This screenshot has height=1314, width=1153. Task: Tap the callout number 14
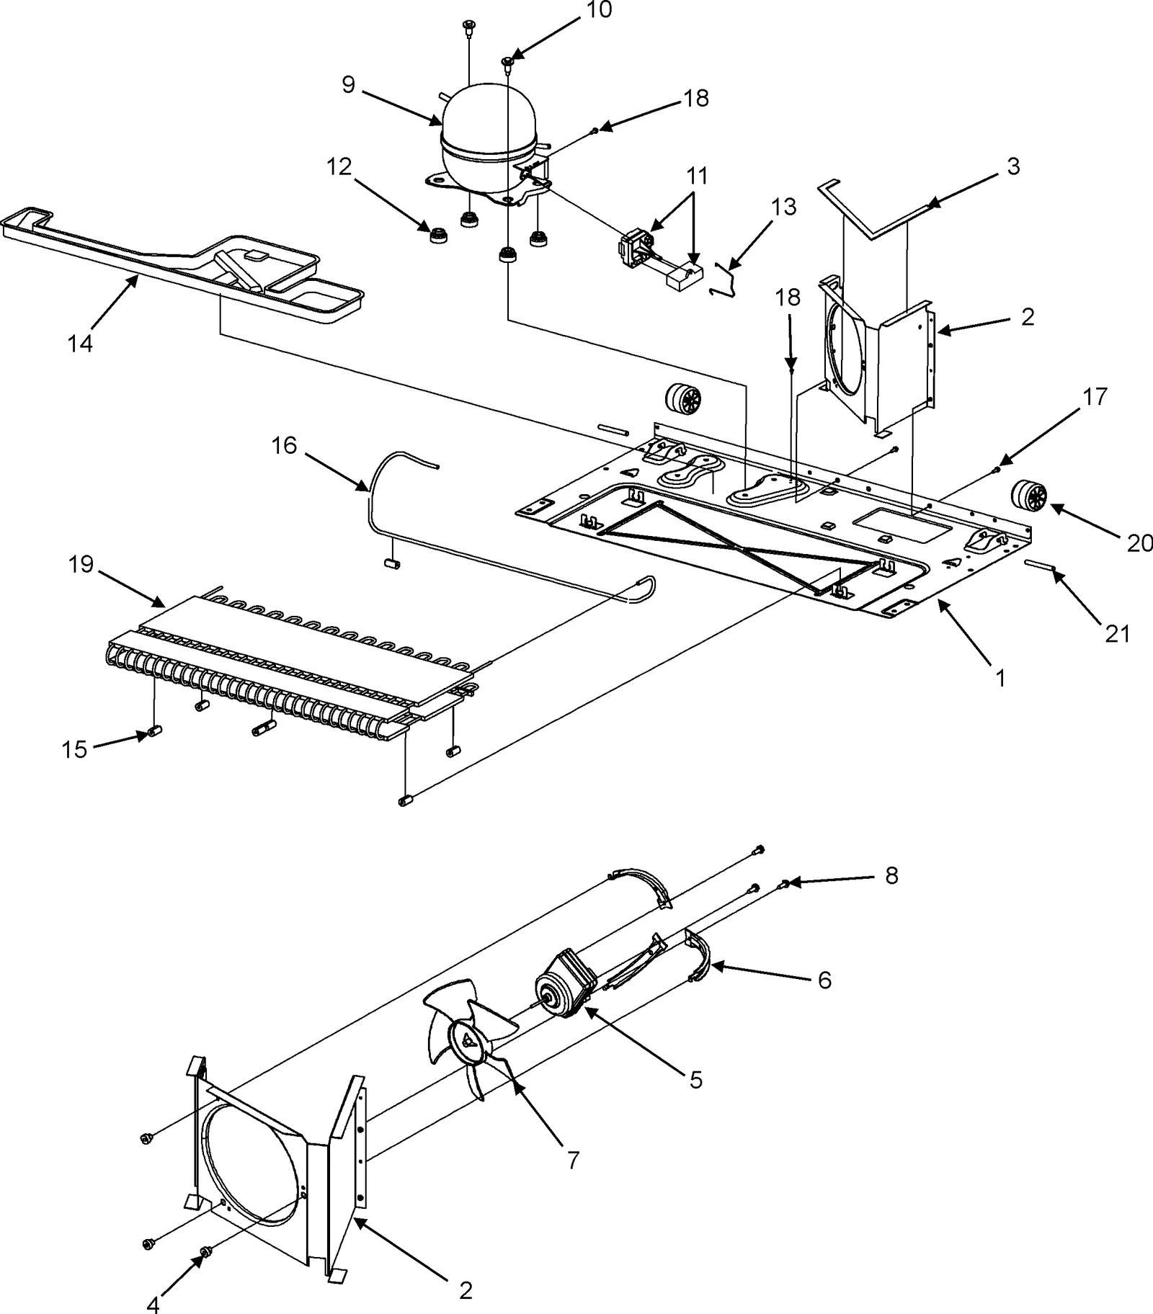coord(81,344)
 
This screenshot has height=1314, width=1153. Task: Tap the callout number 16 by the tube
coord(284,446)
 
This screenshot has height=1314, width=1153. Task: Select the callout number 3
coord(1013,166)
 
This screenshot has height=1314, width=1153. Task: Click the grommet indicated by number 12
coord(437,236)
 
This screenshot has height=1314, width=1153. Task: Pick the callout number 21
coord(1117,633)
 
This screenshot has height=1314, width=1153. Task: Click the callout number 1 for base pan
coord(1000,677)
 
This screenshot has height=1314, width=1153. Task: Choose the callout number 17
coord(1095,397)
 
